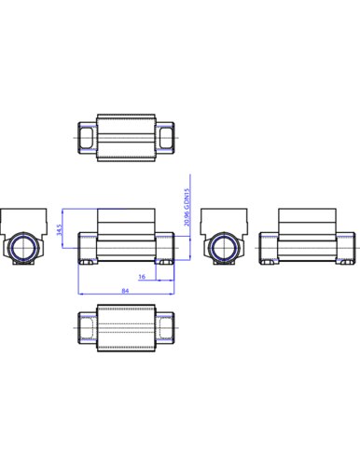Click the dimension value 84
click(x=125, y=290)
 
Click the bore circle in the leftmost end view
click(x=21, y=247)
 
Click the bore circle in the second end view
click(x=222, y=247)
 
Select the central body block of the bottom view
click(x=125, y=332)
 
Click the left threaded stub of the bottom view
click(x=86, y=332)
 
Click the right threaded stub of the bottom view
click(x=165, y=332)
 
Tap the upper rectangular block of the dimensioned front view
click(x=125, y=220)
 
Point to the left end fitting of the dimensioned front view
click(x=86, y=247)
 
